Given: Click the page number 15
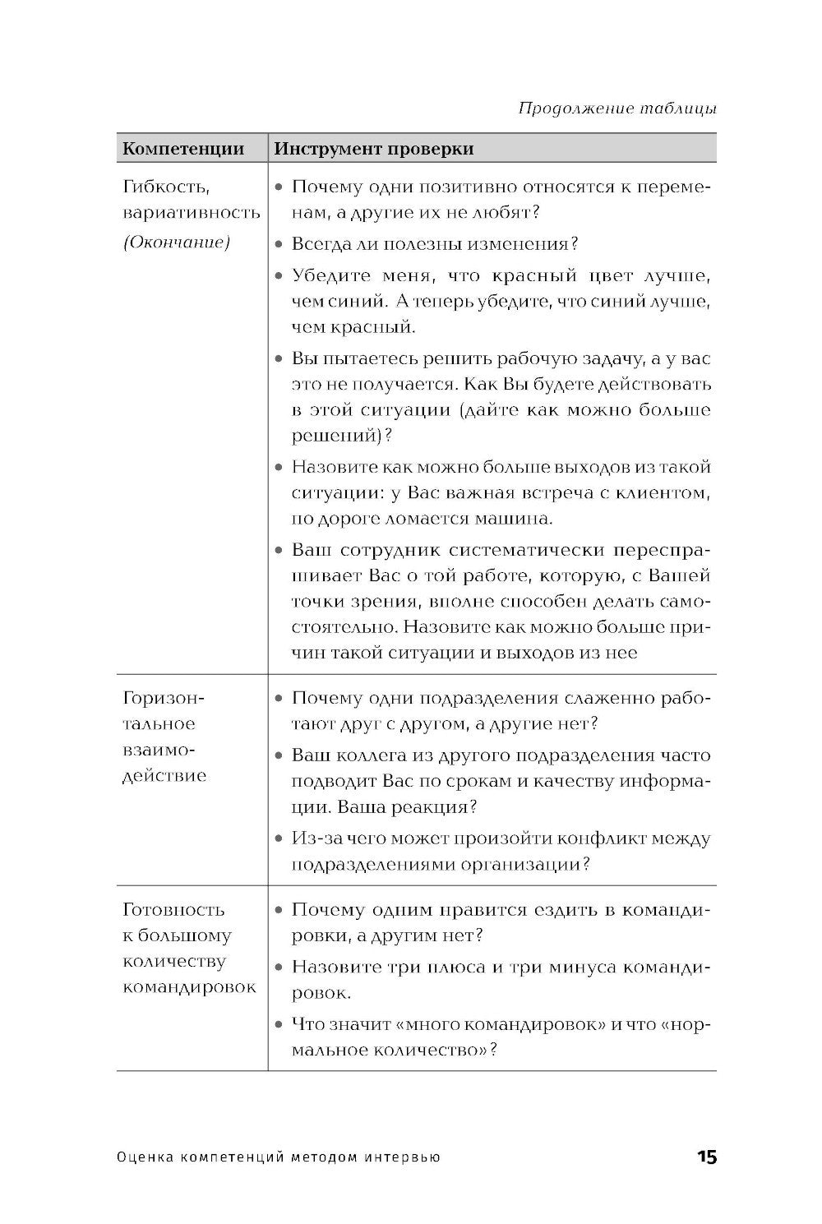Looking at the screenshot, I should pyautogui.click(x=706, y=1157).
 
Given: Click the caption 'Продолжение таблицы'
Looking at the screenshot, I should pyautogui.click(x=616, y=109).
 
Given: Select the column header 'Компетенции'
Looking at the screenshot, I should pyautogui.click(x=183, y=149).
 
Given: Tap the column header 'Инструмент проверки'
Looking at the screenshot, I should pyautogui.click(x=373, y=149).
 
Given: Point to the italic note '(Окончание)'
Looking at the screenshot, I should pyautogui.click(x=175, y=242).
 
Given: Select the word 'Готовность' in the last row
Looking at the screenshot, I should pyautogui.click(x=173, y=910).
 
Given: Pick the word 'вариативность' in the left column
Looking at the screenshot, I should pyautogui.click(x=191, y=213).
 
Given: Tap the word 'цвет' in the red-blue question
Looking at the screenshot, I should pyautogui.click(x=614, y=276).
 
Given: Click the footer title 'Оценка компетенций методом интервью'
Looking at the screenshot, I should pyautogui.click(x=279, y=1157).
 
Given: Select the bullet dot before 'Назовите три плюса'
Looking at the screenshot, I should pyautogui.click(x=279, y=968).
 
